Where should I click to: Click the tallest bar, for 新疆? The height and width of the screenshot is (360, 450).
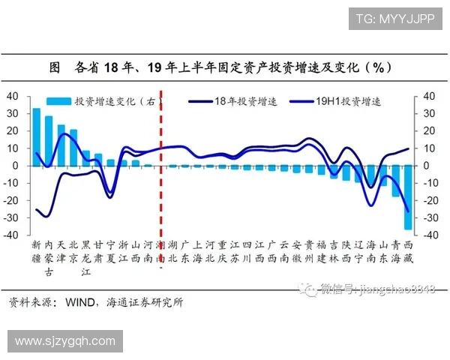(x=36, y=136)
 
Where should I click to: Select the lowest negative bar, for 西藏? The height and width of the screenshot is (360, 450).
(x=408, y=198)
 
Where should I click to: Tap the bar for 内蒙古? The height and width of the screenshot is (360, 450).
(x=49, y=140)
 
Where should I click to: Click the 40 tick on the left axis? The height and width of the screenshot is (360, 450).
(x=13, y=96)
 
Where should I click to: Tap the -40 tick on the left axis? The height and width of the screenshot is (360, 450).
(x=10, y=235)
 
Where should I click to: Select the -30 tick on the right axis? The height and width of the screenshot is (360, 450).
(x=430, y=217)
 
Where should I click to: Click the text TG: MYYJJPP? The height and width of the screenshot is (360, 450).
(x=394, y=19)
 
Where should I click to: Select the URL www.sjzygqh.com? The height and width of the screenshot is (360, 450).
(x=65, y=341)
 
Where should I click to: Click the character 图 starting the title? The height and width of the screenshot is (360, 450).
(x=54, y=67)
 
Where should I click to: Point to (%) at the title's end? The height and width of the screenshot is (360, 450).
(x=379, y=67)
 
